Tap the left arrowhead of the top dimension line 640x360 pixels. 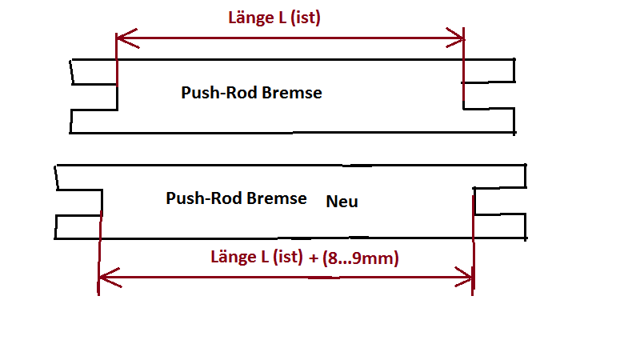pyautogui.click(x=122, y=38)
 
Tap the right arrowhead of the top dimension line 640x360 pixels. pyautogui.click(x=458, y=38)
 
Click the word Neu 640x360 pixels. pyautogui.click(x=342, y=202)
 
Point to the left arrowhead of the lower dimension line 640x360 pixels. pyautogui.click(x=103, y=280)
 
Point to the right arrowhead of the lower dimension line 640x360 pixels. pyautogui.click(x=468, y=280)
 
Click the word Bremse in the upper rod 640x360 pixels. pyautogui.click(x=292, y=93)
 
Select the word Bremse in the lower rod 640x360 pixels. pyautogui.click(x=277, y=198)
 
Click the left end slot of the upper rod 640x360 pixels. pyautogui.click(x=94, y=96)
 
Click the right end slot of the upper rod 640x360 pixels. pyautogui.click(x=488, y=95)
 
